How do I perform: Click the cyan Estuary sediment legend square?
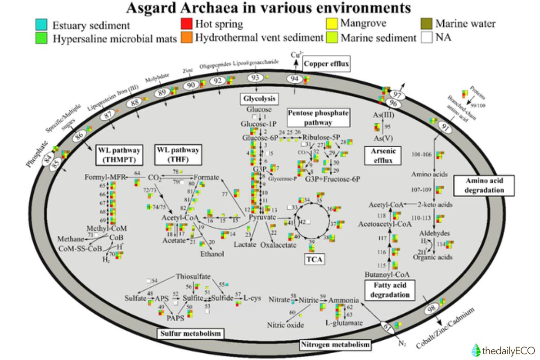(x=41, y=25)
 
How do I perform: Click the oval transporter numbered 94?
(x=295, y=79)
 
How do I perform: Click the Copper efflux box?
(x=326, y=64)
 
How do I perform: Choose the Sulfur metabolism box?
(x=191, y=333)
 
